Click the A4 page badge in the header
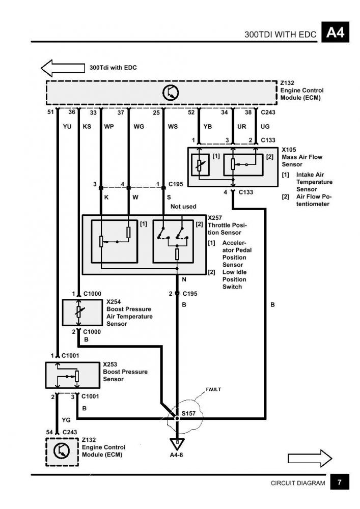pyautogui.click(x=335, y=32)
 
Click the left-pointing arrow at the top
pyautogui.click(x=63, y=68)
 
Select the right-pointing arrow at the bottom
pyautogui.click(x=310, y=458)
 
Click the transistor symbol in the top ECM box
pyautogui.click(x=171, y=93)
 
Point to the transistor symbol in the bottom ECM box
pyautogui.click(x=62, y=451)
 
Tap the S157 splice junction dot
pyautogui.click(x=177, y=418)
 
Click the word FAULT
pyautogui.click(x=213, y=389)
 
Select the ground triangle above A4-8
pyautogui.click(x=177, y=444)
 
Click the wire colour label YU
pyautogui.click(x=67, y=126)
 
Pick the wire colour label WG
pyautogui.click(x=139, y=126)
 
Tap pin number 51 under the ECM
pyautogui.click(x=50, y=112)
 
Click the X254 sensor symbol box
pyautogui.click(x=82, y=313)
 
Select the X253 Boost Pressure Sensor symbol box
pyautogui.click(x=72, y=375)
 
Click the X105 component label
pyautogui.click(x=289, y=150)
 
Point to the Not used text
pyautogui.click(x=183, y=207)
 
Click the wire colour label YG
pyautogui.click(x=66, y=420)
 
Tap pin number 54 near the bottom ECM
pyautogui.click(x=49, y=432)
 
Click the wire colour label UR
pyautogui.click(x=242, y=126)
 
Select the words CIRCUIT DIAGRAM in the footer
pyautogui.click(x=298, y=483)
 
